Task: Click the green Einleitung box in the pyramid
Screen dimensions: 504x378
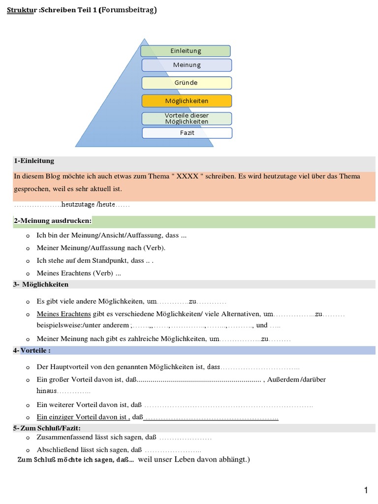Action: click(186, 51)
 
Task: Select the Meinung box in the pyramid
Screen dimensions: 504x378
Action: click(187, 65)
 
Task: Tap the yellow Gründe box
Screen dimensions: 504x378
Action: click(187, 83)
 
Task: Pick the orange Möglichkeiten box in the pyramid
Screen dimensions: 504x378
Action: click(187, 101)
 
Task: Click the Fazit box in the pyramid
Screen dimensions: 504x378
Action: click(187, 133)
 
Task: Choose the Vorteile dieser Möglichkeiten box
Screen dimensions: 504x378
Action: click(187, 119)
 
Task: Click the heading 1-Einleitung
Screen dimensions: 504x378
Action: click(34, 161)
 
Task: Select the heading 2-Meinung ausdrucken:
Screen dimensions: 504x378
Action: click(53, 221)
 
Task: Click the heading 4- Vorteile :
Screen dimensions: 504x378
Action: click(32, 350)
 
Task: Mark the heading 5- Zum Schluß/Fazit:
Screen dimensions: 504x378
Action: click(47, 428)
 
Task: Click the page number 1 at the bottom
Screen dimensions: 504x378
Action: click(366, 490)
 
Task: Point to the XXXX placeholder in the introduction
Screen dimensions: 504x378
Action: click(186, 176)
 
